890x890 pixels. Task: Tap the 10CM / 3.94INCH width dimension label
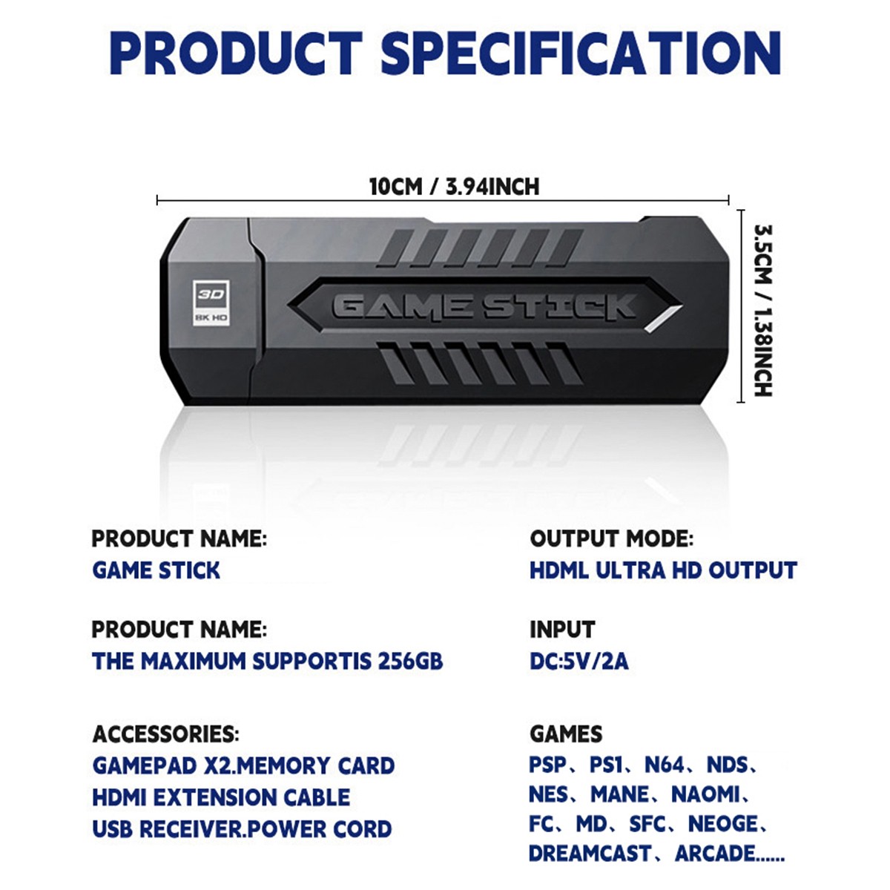(x=454, y=186)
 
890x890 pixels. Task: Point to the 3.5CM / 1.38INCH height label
(x=762, y=311)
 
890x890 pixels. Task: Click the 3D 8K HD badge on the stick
(x=211, y=302)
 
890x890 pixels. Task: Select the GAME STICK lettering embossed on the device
(x=484, y=306)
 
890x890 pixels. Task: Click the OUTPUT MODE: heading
(x=612, y=538)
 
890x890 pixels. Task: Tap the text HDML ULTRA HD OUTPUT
(x=663, y=570)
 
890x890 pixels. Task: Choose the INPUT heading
(x=562, y=630)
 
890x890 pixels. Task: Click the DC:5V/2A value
(x=578, y=661)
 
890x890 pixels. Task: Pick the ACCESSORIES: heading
(x=165, y=734)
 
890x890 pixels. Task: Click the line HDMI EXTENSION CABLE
(x=221, y=797)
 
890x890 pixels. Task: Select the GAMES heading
(x=566, y=734)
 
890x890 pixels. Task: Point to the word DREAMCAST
(x=590, y=854)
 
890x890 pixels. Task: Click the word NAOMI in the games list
(x=705, y=794)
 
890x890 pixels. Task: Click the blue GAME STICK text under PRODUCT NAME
(x=156, y=570)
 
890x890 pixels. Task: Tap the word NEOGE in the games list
(x=723, y=824)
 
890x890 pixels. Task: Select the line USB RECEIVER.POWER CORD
(x=242, y=829)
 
